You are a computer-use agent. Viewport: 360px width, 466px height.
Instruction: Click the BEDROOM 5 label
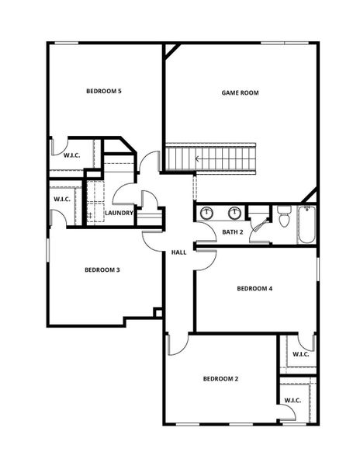(x=103, y=92)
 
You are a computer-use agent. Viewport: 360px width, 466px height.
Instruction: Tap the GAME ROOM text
(x=240, y=92)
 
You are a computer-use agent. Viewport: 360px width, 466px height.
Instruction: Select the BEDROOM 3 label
(x=102, y=270)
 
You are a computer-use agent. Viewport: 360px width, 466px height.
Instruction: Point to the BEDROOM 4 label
(x=254, y=289)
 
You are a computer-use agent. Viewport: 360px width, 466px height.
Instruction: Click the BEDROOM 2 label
(x=220, y=379)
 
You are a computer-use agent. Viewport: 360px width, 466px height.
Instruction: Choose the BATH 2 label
(x=233, y=232)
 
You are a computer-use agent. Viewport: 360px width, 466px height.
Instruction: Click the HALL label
(x=178, y=252)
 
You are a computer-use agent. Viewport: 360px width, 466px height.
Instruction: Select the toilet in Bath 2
(x=283, y=217)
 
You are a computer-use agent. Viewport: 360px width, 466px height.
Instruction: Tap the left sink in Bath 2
(x=207, y=213)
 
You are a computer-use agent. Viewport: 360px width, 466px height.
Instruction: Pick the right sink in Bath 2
(x=234, y=213)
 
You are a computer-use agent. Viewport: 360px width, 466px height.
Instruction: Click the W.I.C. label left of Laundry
(x=63, y=200)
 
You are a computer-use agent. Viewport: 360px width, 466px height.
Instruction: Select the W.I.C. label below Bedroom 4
(x=300, y=355)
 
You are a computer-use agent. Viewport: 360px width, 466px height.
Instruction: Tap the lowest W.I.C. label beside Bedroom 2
(x=292, y=400)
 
